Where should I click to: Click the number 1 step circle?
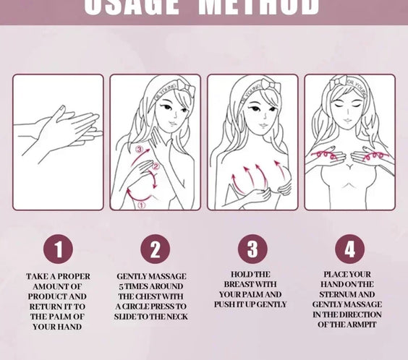pos(59,250)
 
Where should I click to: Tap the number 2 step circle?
pos(155,250)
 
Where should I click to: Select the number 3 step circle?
pos(252,250)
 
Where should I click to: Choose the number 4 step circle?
pos(349,250)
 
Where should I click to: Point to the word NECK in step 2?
pos(175,316)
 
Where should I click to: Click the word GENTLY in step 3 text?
pos(270,304)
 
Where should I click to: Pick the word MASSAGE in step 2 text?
pos(169,276)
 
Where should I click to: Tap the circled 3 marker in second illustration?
pos(139,150)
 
